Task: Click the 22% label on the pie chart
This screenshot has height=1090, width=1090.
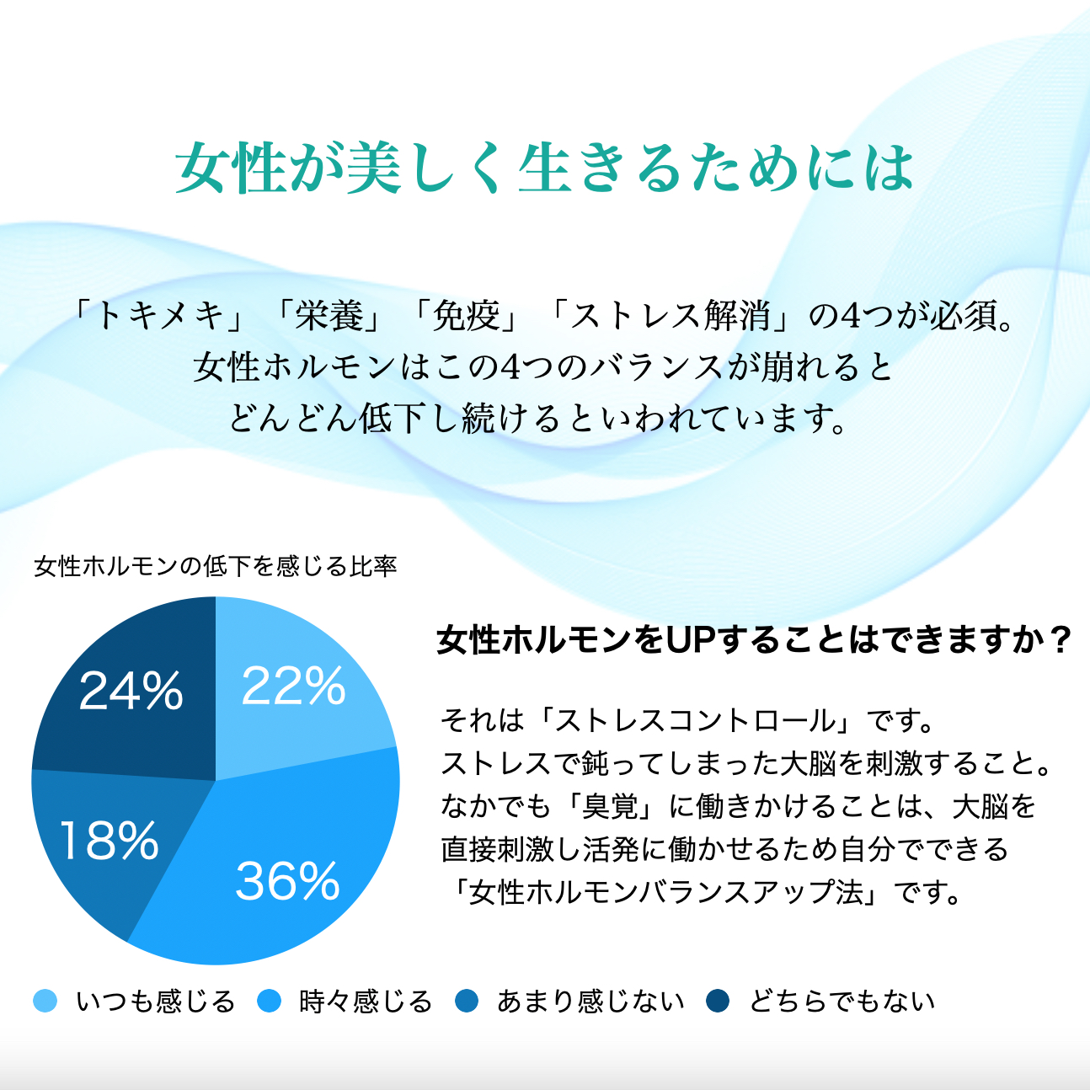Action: pos(293,686)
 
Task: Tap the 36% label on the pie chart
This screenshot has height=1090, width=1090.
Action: pos(287,881)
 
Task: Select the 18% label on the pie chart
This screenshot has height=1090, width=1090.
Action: pos(109,842)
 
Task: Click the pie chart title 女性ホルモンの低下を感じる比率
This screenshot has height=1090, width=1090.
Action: pos(216,566)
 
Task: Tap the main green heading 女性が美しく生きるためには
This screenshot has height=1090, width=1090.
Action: pos(545,168)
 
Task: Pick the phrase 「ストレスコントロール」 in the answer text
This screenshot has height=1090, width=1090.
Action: pos(697,721)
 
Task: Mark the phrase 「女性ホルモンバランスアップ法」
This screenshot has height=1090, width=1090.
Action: pos(665,893)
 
